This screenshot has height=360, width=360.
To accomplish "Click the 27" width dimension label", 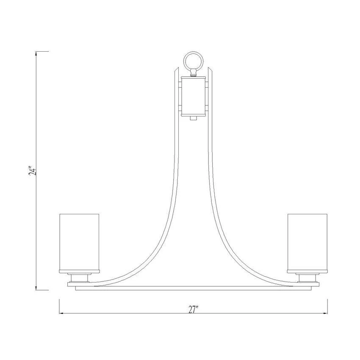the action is point(193,310).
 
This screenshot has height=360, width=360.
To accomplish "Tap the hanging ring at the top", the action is point(194,61).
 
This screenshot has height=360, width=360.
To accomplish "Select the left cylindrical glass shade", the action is point(79,244).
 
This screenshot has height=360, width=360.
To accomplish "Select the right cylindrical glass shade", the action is point(307,244).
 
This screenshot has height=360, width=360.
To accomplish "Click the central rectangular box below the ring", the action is point(194,97).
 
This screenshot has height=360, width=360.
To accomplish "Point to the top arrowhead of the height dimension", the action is point(36,53).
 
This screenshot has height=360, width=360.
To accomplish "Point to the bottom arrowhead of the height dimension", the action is point(36,288).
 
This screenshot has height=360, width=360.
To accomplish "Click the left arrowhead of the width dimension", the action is point(61,313).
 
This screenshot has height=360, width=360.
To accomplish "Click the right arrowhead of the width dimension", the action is point(325,313).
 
